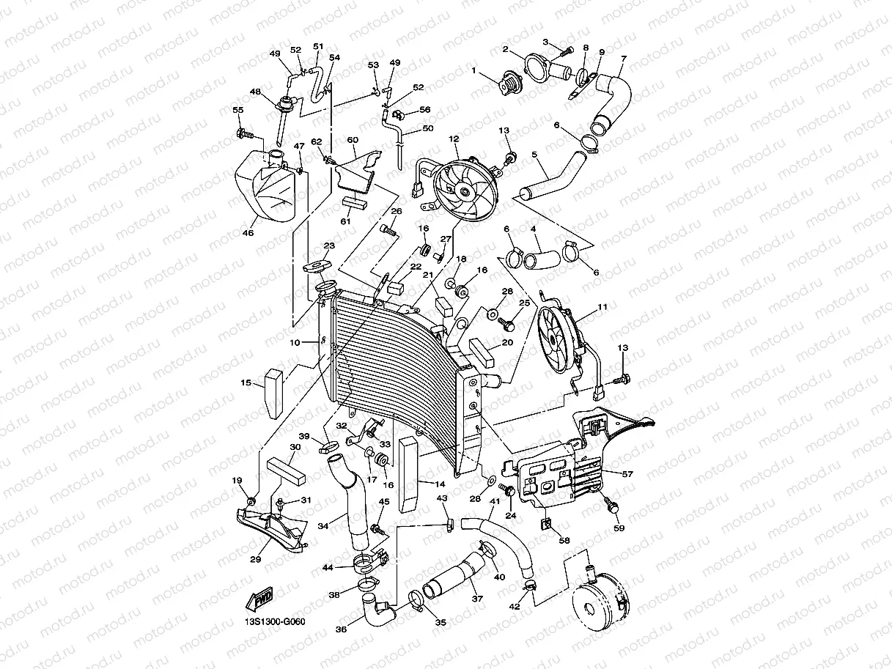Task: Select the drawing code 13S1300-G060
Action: [274, 622]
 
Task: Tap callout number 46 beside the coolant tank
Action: [248, 233]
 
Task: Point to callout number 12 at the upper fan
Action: [454, 138]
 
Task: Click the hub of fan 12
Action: [465, 191]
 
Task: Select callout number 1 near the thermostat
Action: [473, 71]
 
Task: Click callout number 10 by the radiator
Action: [294, 343]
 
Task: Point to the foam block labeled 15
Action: [275, 392]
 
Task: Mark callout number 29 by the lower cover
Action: [255, 559]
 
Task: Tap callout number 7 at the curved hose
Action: [623, 58]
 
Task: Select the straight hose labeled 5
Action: [553, 176]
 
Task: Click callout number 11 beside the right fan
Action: [602, 307]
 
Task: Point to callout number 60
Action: [352, 139]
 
